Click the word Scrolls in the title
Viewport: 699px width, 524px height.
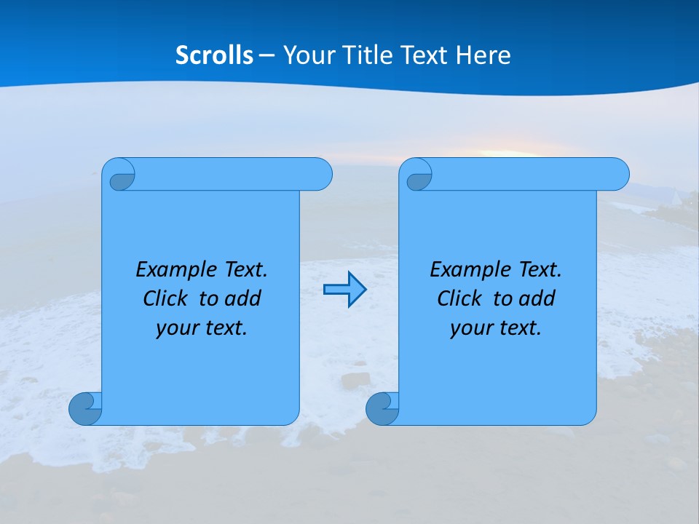coord(214,55)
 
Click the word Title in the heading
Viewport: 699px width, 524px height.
coord(360,55)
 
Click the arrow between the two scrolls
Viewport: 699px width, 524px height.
coord(344,290)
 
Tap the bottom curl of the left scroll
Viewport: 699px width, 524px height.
coord(85,408)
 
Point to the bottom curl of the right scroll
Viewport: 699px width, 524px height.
coord(382,408)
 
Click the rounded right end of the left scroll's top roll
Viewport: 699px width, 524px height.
coord(320,175)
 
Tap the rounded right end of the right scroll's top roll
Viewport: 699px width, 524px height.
coord(617,175)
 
